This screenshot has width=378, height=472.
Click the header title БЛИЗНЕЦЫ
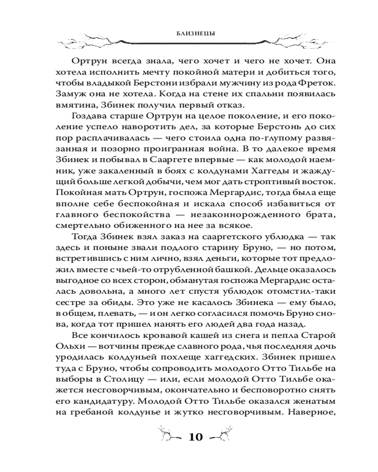click(x=189, y=34)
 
